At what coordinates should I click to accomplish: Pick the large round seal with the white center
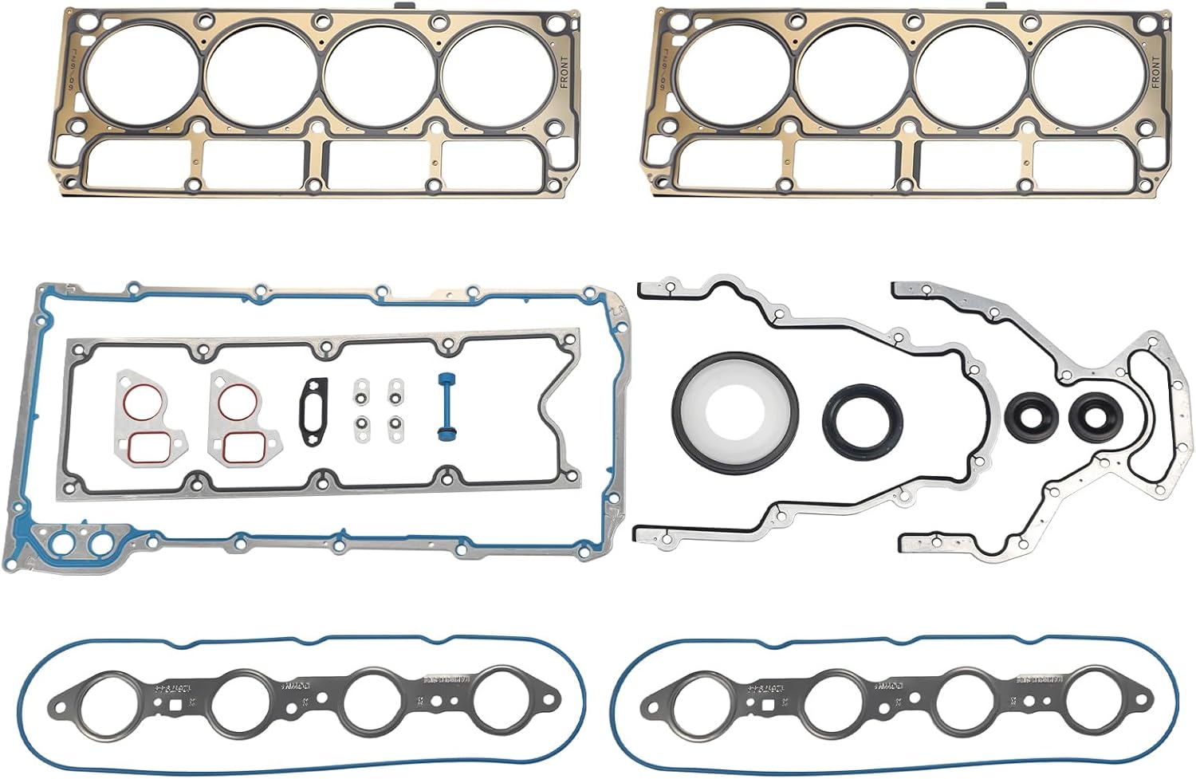pos(734,411)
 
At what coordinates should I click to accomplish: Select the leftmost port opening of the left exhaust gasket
pos(108,705)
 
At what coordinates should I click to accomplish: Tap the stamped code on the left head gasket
pos(74,67)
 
